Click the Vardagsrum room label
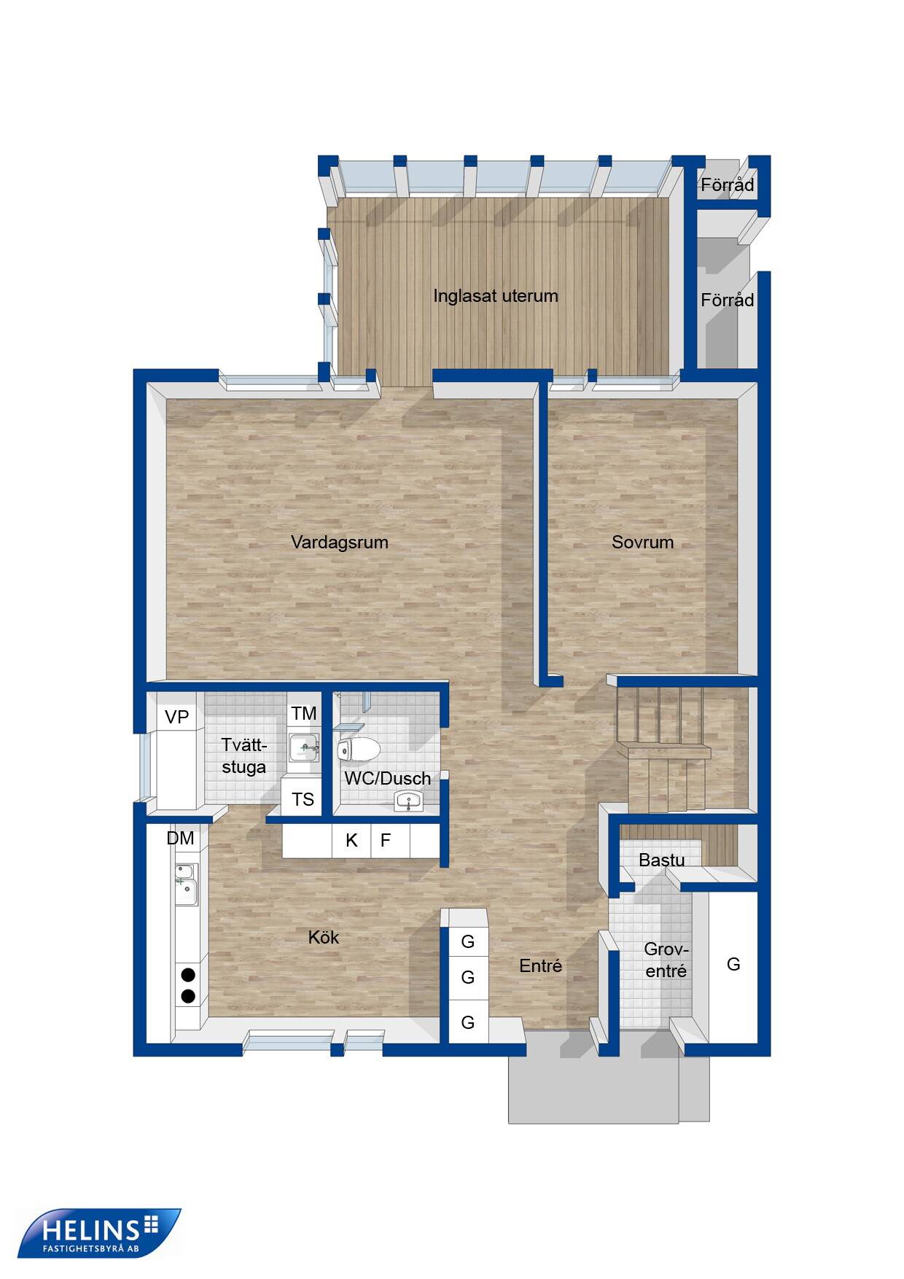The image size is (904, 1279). point(339,543)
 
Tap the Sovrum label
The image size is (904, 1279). point(642,542)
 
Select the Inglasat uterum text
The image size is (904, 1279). point(496,296)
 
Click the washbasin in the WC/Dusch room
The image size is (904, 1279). point(409,801)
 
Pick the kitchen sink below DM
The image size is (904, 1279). point(186,884)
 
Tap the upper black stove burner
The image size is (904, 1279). point(188,974)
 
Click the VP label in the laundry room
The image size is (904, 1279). point(176,717)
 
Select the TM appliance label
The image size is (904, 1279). point(304,713)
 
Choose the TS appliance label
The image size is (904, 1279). point(303,799)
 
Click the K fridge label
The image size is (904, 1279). point(351,840)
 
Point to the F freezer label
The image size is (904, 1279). point(386,840)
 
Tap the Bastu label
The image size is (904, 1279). point(661,860)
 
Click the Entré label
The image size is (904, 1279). point(540,965)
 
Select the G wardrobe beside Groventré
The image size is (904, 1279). point(733,964)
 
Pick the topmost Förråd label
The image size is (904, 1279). point(727,185)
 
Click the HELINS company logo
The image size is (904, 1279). point(99,1232)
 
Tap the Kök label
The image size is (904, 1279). point(323,937)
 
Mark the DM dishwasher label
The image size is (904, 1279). point(180,839)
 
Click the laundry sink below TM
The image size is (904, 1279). point(303,747)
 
